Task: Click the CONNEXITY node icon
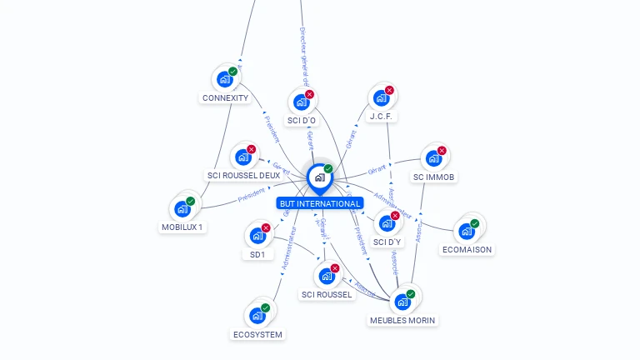pyautogui.click(x=224, y=79)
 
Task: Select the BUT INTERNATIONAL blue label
pyautogui.click(x=320, y=203)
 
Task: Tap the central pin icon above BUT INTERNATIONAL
pyautogui.click(x=319, y=177)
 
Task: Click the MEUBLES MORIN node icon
pyautogui.click(x=402, y=301)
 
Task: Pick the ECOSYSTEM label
pyautogui.click(x=257, y=334)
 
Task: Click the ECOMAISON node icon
pyautogui.click(x=467, y=231)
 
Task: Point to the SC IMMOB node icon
pyautogui.click(x=433, y=158)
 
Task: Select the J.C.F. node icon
pyautogui.click(x=381, y=98)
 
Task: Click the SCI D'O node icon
pyautogui.click(x=301, y=102)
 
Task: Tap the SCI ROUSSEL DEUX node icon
pyautogui.click(x=242, y=157)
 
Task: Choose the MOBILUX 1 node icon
pyautogui.click(x=182, y=208)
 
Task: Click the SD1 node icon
pyautogui.click(x=257, y=236)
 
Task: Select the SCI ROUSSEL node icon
pyautogui.click(x=327, y=276)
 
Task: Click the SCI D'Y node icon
pyautogui.click(x=387, y=223)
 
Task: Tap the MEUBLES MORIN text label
pyautogui.click(x=402, y=320)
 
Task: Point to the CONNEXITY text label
pyautogui.click(x=225, y=97)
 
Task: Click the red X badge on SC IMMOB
pyautogui.click(x=442, y=151)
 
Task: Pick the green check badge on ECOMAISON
pyautogui.click(x=475, y=223)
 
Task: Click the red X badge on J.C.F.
pyautogui.click(x=389, y=91)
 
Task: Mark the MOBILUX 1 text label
pyautogui.click(x=182, y=227)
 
